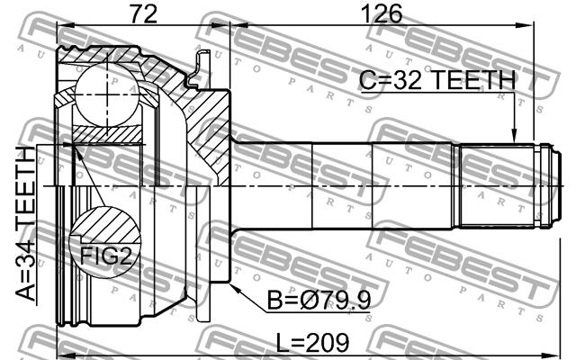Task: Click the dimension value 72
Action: pyautogui.click(x=144, y=14)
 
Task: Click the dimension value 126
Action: pyautogui.click(x=382, y=14)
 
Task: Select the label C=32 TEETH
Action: pyautogui.click(x=437, y=80)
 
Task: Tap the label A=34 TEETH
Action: pyautogui.click(x=26, y=223)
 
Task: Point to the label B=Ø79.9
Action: pyautogui.click(x=319, y=300)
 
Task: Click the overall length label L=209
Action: pyautogui.click(x=312, y=343)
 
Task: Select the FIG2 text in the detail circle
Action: pyautogui.click(x=106, y=256)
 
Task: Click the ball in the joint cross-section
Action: pyautogui.click(x=107, y=95)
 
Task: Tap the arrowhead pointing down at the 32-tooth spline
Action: pyautogui.click(x=514, y=135)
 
